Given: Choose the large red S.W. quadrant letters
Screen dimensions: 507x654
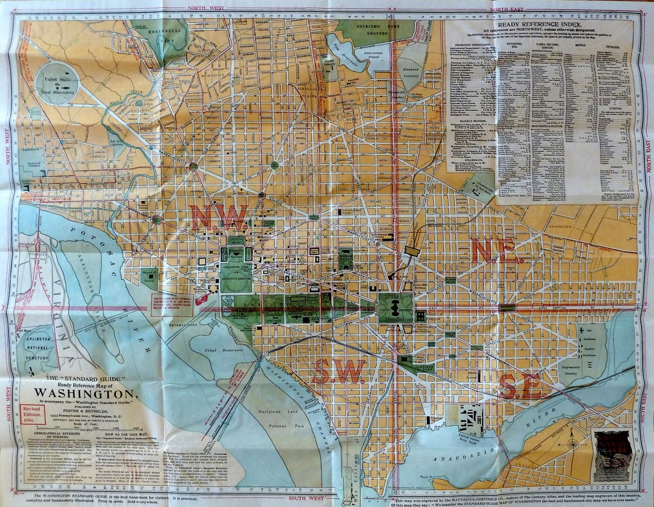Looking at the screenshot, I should pos(339,371).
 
